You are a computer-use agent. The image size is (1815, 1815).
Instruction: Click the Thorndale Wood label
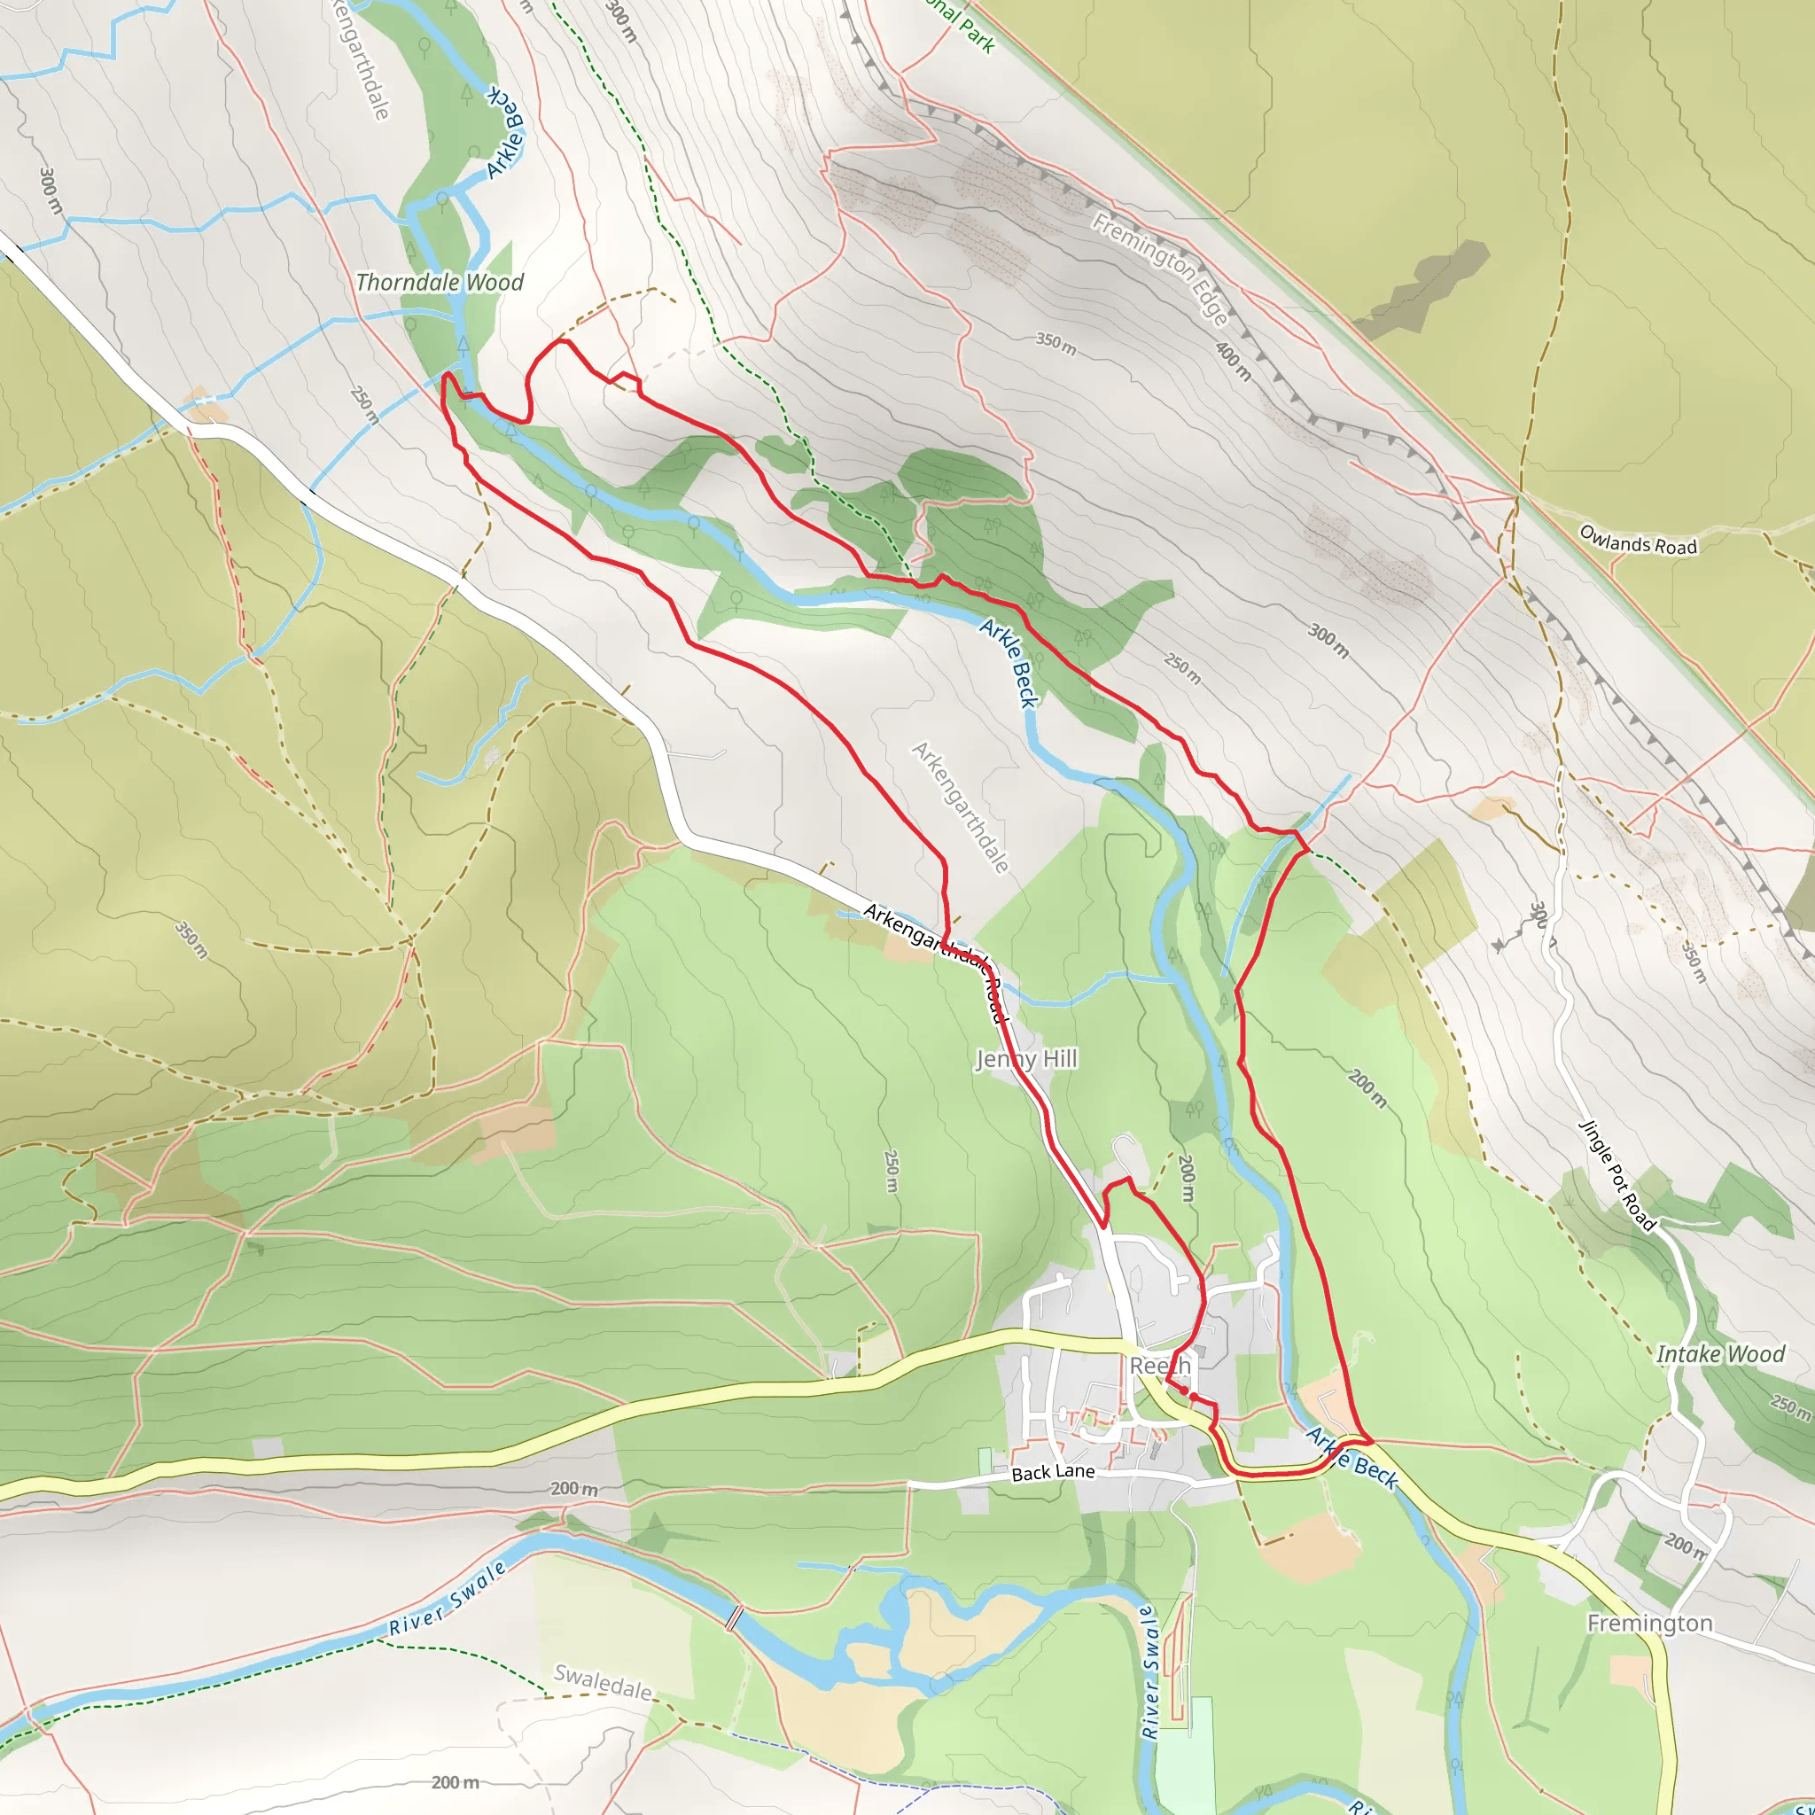440,282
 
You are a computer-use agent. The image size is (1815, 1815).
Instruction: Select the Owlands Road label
1638,541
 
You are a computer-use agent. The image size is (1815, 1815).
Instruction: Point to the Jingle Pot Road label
1616,1174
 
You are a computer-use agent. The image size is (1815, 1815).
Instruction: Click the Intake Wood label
1720,1354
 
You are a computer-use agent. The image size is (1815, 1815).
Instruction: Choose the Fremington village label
1649,1624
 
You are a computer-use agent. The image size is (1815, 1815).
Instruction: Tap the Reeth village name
1159,1365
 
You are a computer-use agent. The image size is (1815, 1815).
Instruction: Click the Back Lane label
1053,1472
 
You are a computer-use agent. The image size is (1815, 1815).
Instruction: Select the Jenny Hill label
1026,1059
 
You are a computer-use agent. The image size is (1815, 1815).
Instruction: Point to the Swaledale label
602,1681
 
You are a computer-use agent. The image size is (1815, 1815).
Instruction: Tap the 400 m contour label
1234,362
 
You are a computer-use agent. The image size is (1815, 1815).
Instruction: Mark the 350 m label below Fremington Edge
1056,343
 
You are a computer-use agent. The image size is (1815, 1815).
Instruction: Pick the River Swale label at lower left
448,1611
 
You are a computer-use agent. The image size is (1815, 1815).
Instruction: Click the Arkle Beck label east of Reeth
1352,1457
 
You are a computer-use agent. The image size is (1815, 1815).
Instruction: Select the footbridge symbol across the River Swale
734,1616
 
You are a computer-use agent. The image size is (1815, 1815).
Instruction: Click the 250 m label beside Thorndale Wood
364,405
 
